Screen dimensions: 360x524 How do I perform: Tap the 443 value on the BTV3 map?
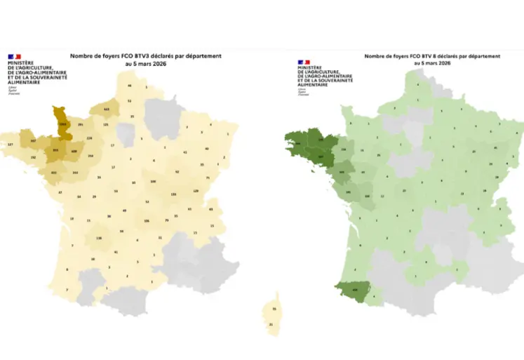[107, 109]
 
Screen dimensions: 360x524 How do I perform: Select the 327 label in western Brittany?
[10, 144]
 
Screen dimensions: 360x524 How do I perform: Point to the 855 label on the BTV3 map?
[56, 150]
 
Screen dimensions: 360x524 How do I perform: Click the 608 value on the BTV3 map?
[74, 150]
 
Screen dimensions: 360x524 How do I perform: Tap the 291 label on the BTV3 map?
[81, 124]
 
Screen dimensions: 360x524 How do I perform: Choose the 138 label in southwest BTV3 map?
[99, 239]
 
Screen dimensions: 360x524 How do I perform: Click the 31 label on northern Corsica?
[274, 309]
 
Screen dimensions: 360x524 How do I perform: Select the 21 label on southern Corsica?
[271, 324]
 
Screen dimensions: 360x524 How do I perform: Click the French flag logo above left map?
[14, 55]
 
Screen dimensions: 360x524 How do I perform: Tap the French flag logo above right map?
[304, 62]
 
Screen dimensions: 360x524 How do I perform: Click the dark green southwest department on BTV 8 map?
[354, 288]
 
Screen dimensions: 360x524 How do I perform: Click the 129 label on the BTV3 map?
[196, 191]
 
